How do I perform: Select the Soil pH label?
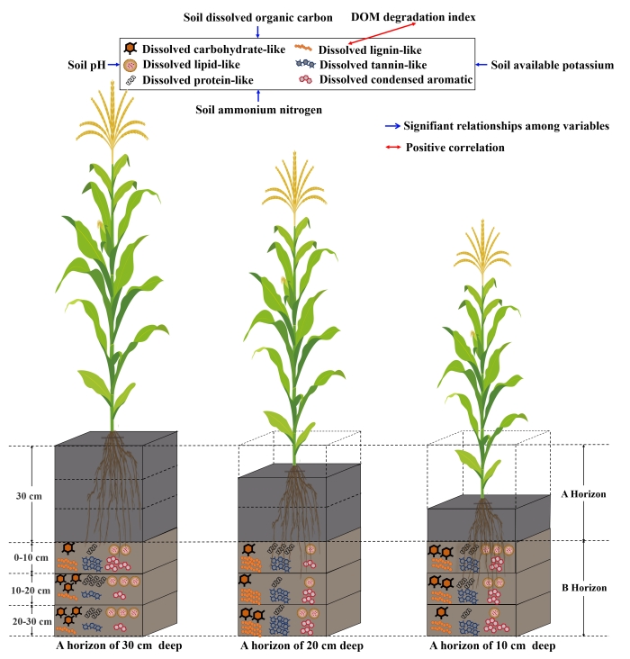click(86, 66)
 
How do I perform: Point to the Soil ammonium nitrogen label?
click(259, 109)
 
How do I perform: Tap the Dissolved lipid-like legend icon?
click(131, 65)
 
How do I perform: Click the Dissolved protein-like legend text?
click(196, 80)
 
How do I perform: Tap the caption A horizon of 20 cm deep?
click(301, 645)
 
